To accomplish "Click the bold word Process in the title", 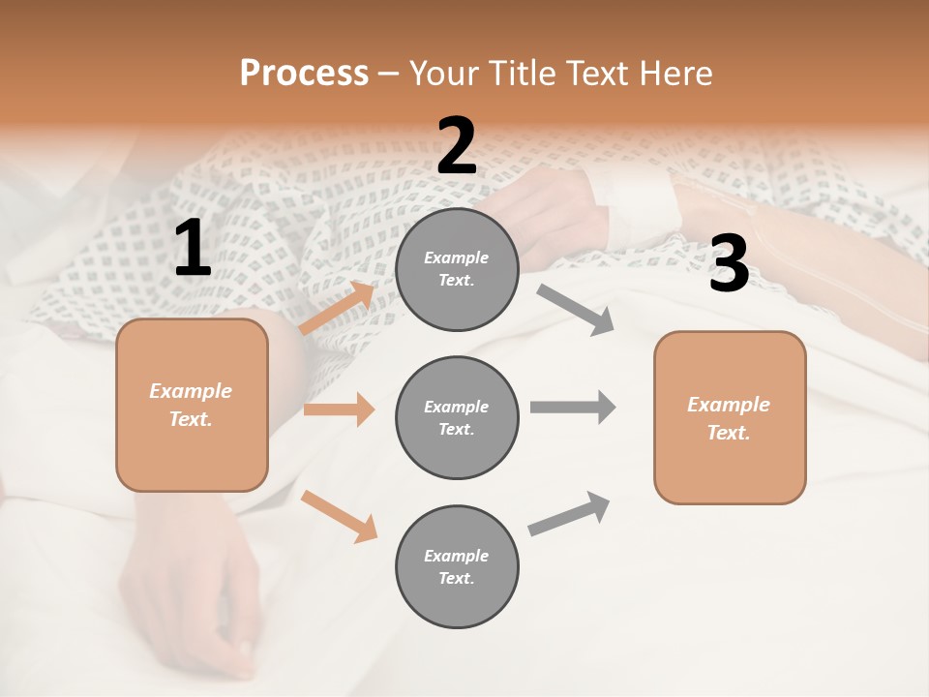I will click(x=304, y=74).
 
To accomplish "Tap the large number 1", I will click(x=193, y=249).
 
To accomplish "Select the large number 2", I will click(x=457, y=146).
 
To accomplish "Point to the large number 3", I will click(x=729, y=264).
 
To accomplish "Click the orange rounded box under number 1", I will click(x=192, y=405).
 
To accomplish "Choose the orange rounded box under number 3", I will click(x=730, y=417).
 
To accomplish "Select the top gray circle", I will click(x=457, y=268).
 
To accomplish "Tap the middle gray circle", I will click(x=457, y=417).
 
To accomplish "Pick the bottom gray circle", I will click(x=457, y=566).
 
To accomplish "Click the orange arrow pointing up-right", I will click(x=337, y=309).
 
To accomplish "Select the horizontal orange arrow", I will click(x=339, y=409).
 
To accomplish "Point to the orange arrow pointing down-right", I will click(x=339, y=515).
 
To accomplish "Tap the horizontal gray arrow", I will click(x=573, y=407).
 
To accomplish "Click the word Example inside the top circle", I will click(x=457, y=258).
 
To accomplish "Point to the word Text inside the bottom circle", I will click(x=455, y=578).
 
